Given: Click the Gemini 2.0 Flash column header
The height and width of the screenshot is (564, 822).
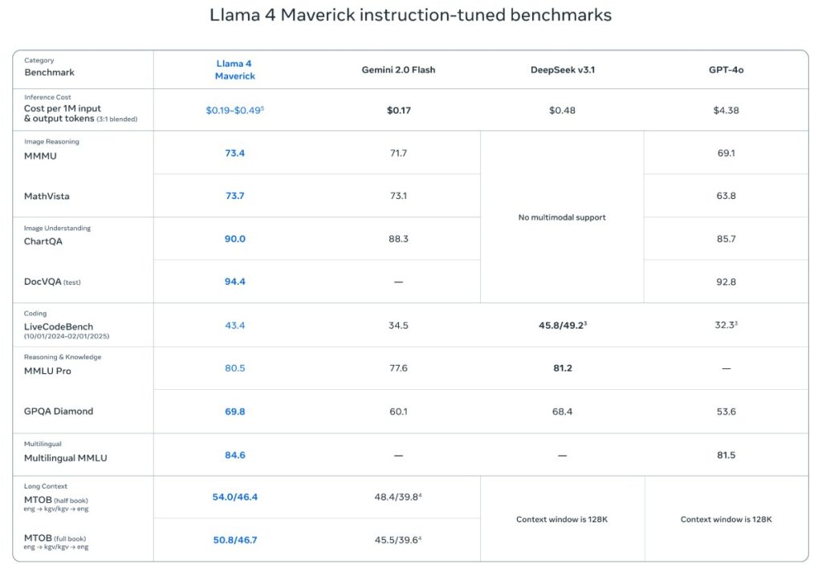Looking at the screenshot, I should [398, 70].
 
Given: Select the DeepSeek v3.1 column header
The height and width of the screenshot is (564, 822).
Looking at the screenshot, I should [562, 70].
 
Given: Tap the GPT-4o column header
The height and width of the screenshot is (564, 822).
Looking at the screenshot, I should [726, 70].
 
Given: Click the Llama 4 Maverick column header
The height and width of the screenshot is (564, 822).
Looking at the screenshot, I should [234, 70].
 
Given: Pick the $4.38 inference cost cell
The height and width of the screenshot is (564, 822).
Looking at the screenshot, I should [726, 111].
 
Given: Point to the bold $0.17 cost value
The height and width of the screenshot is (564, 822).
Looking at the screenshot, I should [398, 111].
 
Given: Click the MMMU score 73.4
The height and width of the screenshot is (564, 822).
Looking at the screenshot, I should [234, 153].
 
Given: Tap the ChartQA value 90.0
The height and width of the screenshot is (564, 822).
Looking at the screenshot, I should [234, 239].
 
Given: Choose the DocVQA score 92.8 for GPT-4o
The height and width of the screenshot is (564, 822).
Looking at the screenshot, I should [726, 282].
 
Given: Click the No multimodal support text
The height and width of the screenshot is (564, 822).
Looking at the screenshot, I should [562, 217].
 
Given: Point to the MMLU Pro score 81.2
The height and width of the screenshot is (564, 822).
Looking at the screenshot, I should [562, 368].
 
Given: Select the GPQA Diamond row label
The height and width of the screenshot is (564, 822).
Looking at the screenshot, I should [59, 412].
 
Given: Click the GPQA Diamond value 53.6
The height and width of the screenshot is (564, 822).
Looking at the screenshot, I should [726, 412].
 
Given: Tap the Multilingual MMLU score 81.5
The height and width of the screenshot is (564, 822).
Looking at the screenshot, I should [726, 456].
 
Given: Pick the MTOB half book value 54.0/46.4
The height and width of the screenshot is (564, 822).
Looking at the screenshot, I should [234, 497].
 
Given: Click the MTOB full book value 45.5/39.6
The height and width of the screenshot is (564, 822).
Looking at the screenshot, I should [397, 540].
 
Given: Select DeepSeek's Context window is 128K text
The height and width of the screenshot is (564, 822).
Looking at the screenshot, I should [562, 520].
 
